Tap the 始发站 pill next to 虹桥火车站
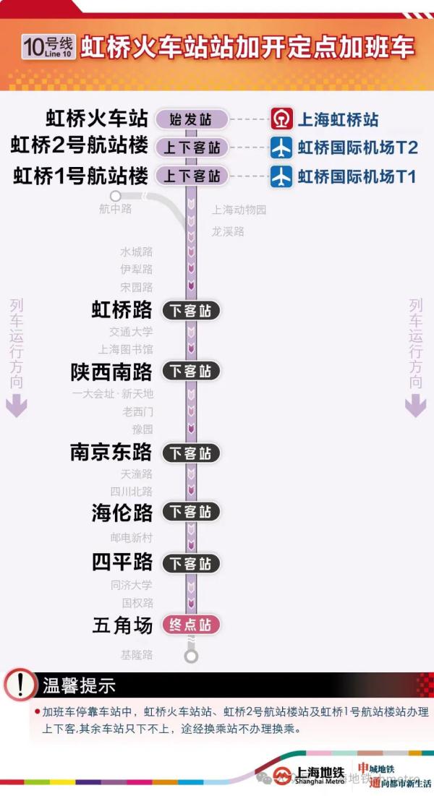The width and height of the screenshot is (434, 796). (x=191, y=119)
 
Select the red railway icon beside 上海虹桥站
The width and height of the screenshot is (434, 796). (x=281, y=119)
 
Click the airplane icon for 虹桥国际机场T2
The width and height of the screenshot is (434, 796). (x=281, y=147)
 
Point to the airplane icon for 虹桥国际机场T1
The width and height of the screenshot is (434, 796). (x=281, y=176)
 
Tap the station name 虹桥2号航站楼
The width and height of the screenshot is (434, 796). (x=79, y=147)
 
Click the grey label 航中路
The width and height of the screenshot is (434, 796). (x=116, y=209)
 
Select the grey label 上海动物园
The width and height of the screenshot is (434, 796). (x=239, y=210)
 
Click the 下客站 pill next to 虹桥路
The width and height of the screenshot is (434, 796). (x=191, y=311)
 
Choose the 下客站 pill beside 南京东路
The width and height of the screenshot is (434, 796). (x=191, y=453)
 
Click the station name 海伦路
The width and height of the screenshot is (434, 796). (x=122, y=512)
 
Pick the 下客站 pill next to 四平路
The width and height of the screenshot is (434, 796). (x=191, y=563)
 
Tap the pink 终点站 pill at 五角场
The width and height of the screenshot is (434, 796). (x=191, y=625)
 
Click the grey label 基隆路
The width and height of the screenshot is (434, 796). (x=137, y=655)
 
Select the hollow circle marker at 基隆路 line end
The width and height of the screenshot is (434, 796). (x=191, y=656)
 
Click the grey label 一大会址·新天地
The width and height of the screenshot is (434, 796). (x=113, y=395)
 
